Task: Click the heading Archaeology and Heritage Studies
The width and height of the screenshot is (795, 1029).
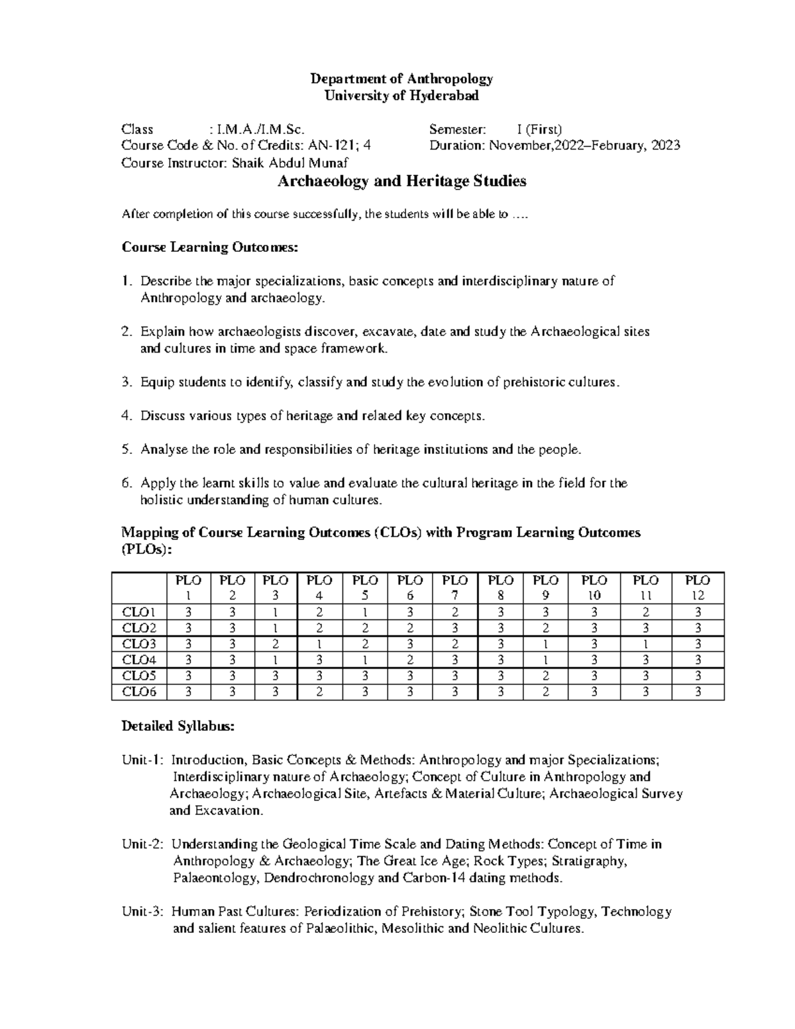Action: point(401,181)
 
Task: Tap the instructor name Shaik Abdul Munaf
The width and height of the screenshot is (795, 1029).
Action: point(290,163)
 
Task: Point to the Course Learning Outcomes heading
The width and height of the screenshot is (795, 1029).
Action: point(210,247)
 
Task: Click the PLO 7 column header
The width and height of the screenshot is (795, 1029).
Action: point(455,587)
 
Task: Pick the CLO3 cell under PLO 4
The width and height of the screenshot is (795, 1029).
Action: point(320,644)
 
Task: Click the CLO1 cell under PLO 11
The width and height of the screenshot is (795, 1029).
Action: point(646,612)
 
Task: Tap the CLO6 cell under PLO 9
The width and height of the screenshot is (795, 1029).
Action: point(545,692)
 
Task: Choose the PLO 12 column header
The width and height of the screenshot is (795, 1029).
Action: point(698,587)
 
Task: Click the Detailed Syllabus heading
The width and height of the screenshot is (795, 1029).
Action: point(178,726)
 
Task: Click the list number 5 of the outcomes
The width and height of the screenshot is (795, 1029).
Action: point(126,449)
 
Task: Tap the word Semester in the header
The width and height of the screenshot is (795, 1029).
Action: point(458,129)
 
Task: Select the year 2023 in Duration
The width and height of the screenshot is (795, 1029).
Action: point(665,146)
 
